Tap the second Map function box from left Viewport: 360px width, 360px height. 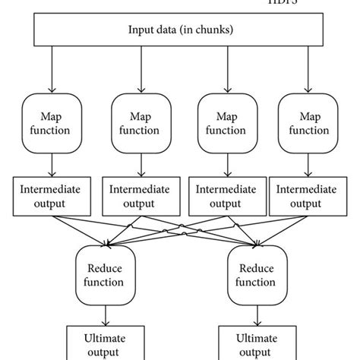tap(139, 122)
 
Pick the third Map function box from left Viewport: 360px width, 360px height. tap(225, 122)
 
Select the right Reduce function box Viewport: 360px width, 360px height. tap(256, 275)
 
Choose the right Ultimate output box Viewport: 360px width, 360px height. tap(256, 343)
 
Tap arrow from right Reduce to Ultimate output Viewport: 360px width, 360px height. tap(256, 313)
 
